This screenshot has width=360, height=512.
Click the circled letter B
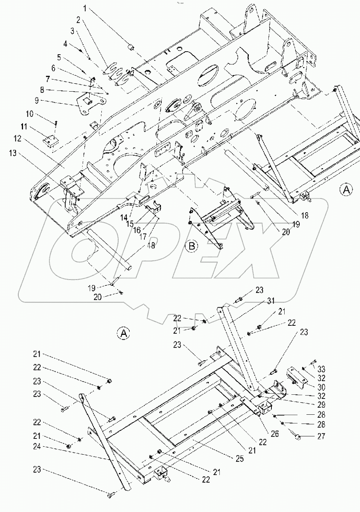point(191,246)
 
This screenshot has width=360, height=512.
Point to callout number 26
point(274,434)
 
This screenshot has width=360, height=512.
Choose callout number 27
point(322,437)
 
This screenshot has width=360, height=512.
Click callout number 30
point(322,387)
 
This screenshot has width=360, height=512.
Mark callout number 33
point(322,369)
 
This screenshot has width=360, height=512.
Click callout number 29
point(322,405)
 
